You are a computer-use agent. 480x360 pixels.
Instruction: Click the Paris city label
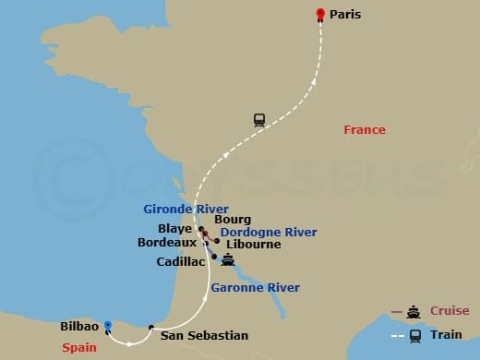click(344, 15)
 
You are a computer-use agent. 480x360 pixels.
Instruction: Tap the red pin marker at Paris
click(320, 14)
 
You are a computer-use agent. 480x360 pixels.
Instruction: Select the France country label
click(364, 130)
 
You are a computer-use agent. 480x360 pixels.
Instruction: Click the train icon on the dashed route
click(259, 119)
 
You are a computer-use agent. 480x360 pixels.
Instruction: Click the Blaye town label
click(175, 230)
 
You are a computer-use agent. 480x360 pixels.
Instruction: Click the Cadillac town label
click(181, 261)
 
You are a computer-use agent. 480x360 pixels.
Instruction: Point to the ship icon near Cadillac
click(228, 261)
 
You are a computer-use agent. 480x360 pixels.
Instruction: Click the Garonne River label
click(255, 288)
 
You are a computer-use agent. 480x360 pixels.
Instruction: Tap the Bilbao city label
click(78, 327)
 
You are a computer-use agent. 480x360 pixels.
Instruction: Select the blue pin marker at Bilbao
click(108, 325)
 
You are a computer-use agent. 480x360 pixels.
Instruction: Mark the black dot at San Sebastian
click(151, 327)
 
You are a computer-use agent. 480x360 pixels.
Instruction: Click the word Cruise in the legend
click(449, 311)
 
